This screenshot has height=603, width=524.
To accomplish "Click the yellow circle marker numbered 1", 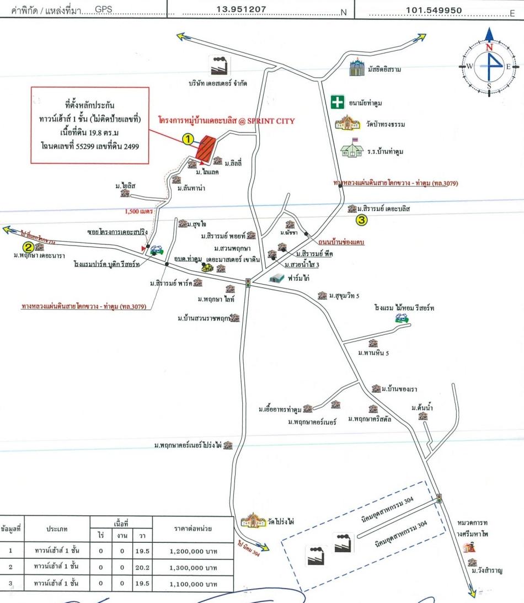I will (189, 140).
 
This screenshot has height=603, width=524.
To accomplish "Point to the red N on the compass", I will (489, 48).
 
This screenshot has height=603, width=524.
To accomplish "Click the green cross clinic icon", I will (338, 102).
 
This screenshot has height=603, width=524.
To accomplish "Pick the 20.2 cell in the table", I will (142, 567).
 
